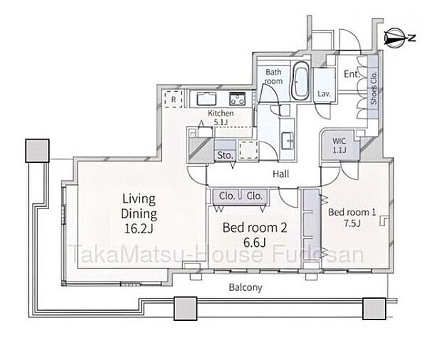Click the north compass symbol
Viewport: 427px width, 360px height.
pyautogui.click(x=399, y=37)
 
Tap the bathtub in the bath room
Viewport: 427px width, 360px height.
pyautogui.click(x=300, y=80)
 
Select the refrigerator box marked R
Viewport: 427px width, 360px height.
pyautogui.click(x=174, y=100)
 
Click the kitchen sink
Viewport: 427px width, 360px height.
pyautogui.click(x=206, y=99)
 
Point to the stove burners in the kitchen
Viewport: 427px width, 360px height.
pyautogui.click(x=238, y=99)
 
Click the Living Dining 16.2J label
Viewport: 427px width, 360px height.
pyautogui.click(x=139, y=213)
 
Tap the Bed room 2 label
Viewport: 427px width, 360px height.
pyautogui.click(x=255, y=228)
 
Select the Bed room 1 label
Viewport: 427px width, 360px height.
pyautogui.click(x=352, y=212)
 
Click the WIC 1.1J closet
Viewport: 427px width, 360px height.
pyautogui.click(x=339, y=145)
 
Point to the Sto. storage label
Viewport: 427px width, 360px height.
pyautogui.click(x=225, y=156)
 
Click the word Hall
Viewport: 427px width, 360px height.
pyautogui.click(x=281, y=174)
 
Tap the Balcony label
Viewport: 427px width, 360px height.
pyautogui.click(x=246, y=287)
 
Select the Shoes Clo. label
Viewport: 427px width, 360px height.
pyautogui.click(x=374, y=88)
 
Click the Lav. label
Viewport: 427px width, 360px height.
pyautogui.click(x=324, y=94)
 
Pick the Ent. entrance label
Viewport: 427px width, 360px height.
pyautogui.click(x=352, y=74)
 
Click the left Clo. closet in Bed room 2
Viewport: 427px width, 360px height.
pyautogui.click(x=227, y=196)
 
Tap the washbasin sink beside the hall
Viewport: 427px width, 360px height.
pyautogui.click(x=288, y=141)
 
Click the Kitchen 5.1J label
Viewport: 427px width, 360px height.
pyautogui.click(x=221, y=117)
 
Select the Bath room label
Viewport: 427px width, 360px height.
pyautogui.click(x=273, y=77)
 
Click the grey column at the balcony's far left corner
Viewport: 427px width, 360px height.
pyautogui.click(x=37, y=151)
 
